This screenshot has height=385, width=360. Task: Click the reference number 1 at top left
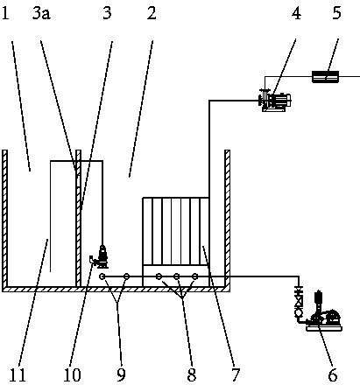point(5,13)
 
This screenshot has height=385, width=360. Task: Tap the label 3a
point(41,13)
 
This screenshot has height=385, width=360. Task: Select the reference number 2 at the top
point(152,13)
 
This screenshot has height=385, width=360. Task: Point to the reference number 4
point(297,13)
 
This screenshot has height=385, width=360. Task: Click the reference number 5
point(337,13)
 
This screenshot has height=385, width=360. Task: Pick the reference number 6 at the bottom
point(333,374)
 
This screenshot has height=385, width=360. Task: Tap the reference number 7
point(236,374)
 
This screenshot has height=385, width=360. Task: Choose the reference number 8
point(192,374)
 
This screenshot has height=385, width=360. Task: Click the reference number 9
point(121,374)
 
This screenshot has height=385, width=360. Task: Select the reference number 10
point(72,374)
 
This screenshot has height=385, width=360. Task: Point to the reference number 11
point(18,374)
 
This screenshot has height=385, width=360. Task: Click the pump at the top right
point(275,101)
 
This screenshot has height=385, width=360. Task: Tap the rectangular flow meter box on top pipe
point(326,77)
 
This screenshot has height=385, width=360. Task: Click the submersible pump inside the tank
point(99,257)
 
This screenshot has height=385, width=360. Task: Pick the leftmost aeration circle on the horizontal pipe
point(102,276)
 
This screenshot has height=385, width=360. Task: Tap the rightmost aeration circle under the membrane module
point(195,276)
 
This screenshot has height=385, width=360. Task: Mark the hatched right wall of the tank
point(227,219)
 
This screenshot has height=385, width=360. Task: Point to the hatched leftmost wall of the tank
point(4,219)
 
